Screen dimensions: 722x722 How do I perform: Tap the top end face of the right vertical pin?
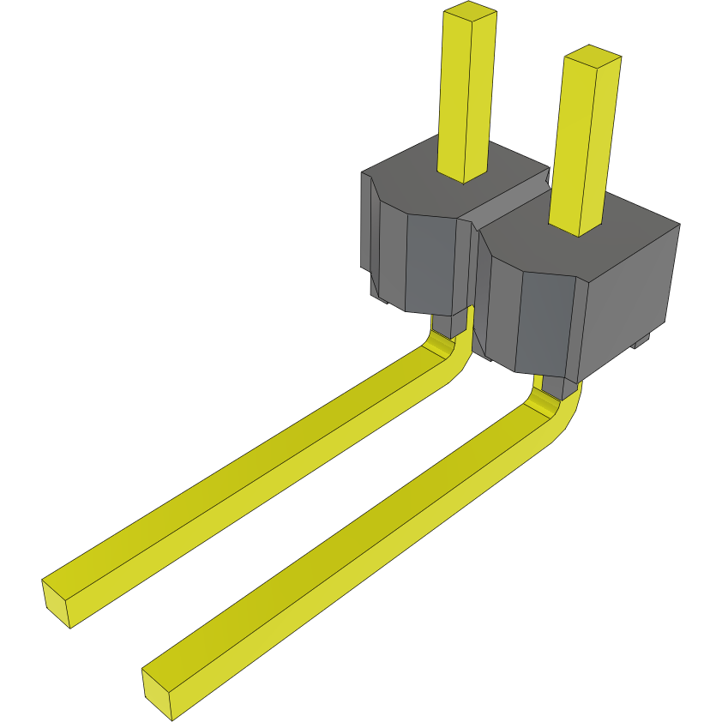593,57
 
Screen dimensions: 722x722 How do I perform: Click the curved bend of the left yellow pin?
451,352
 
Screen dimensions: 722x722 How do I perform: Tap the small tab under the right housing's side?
639,342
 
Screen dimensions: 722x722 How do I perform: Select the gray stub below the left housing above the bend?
446,325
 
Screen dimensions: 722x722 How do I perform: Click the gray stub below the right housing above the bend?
553,386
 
